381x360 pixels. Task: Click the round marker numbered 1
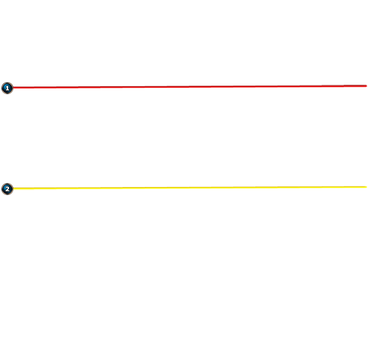[x=7, y=88]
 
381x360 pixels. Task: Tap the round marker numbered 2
[x=7, y=189]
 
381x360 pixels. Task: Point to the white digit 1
[x=7, y=88]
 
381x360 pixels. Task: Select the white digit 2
[x=7, y=189]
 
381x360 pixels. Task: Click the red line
[x=190, y=87]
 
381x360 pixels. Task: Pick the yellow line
[x=190, y=188]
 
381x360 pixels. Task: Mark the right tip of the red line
[x=367, y=86]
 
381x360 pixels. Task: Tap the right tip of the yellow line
[x=367, y=187]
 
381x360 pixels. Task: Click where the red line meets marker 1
[x=13, y=88]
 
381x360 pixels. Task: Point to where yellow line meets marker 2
[x=13, y=189]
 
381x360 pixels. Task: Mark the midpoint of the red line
[x=190, y=87]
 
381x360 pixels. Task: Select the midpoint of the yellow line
[x=190, y=188]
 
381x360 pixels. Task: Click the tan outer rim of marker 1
[x=7, y=82]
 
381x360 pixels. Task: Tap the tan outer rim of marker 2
[x=7, y=184]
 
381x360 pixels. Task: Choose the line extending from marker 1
[x=190, y=87]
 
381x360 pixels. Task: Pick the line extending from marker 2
[x=190, y=188]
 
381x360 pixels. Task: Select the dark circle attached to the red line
[x=7, y=88]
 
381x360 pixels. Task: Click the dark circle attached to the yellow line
[x=7, y=189]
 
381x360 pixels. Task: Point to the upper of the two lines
[x=190, y=87]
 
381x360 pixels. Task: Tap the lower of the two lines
[x=190, y=188]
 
